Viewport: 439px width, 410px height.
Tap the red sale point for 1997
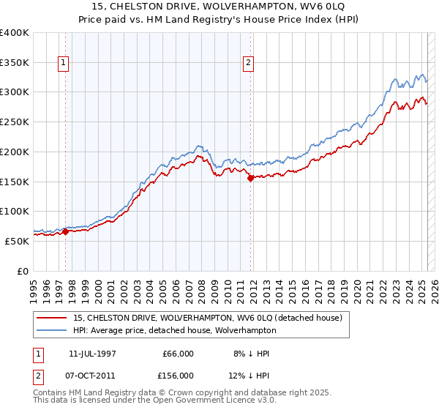[x=65, y=232]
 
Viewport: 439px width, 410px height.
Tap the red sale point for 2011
[x=250, y=177]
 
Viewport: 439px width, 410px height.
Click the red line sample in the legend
[x=53, y=317]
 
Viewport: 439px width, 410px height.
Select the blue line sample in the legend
[x=53, y=330]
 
